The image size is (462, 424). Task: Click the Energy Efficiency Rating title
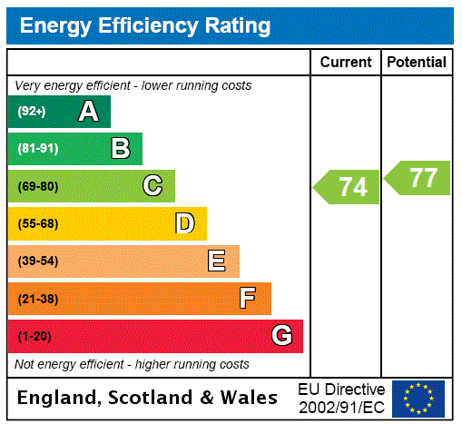145,25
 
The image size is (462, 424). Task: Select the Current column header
346,63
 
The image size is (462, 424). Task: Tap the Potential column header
417,63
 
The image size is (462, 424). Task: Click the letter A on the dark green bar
88,112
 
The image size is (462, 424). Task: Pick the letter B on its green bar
120,149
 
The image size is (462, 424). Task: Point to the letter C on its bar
152,186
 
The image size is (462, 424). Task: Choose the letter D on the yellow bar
184,223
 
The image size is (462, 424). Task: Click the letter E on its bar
217,261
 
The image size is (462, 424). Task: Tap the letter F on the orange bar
248,299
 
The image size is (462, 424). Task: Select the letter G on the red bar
281,336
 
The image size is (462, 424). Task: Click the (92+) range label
32,112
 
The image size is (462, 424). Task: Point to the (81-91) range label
37,149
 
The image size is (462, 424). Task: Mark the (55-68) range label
37,224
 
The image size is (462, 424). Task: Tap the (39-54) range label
37,261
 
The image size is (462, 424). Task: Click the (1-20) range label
34,337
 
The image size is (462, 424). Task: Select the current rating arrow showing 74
348,187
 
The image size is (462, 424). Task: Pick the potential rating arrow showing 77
418,177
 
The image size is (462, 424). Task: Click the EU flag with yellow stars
418,398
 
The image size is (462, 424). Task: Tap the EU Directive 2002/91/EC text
341,398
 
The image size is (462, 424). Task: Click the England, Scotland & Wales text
148,398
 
